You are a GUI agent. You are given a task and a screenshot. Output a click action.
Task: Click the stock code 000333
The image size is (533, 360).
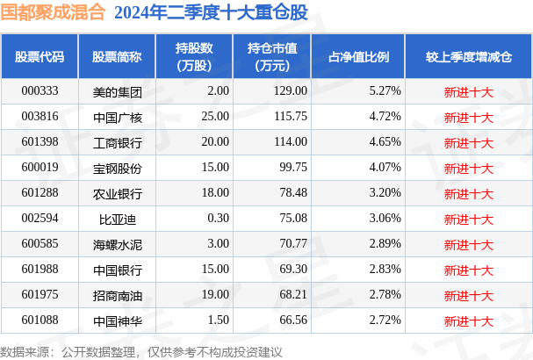[x=40, y=90]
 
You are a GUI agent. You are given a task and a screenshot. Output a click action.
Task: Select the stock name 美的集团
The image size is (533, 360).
[x=117, y=90]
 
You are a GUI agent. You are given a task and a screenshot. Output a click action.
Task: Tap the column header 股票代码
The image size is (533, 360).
[x=40, y=56]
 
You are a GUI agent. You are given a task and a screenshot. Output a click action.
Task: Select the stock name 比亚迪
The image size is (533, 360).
[x=117, y=219]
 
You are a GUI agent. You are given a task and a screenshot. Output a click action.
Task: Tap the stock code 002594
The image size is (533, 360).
[x=40, y=219]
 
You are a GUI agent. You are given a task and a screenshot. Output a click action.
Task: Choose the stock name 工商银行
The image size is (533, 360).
[x=117, y=141]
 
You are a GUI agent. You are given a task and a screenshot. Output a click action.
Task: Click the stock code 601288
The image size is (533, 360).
[x=40, y=193]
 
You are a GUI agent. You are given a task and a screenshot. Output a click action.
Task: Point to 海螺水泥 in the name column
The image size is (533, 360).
[x=117, y=244]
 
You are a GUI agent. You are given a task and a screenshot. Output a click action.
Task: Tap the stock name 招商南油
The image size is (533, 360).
[x=117, y=295]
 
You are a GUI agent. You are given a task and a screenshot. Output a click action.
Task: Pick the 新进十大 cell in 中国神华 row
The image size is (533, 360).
[x=468, y=320]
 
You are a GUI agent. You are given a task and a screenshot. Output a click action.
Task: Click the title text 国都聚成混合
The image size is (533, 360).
[x=53, y=12]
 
